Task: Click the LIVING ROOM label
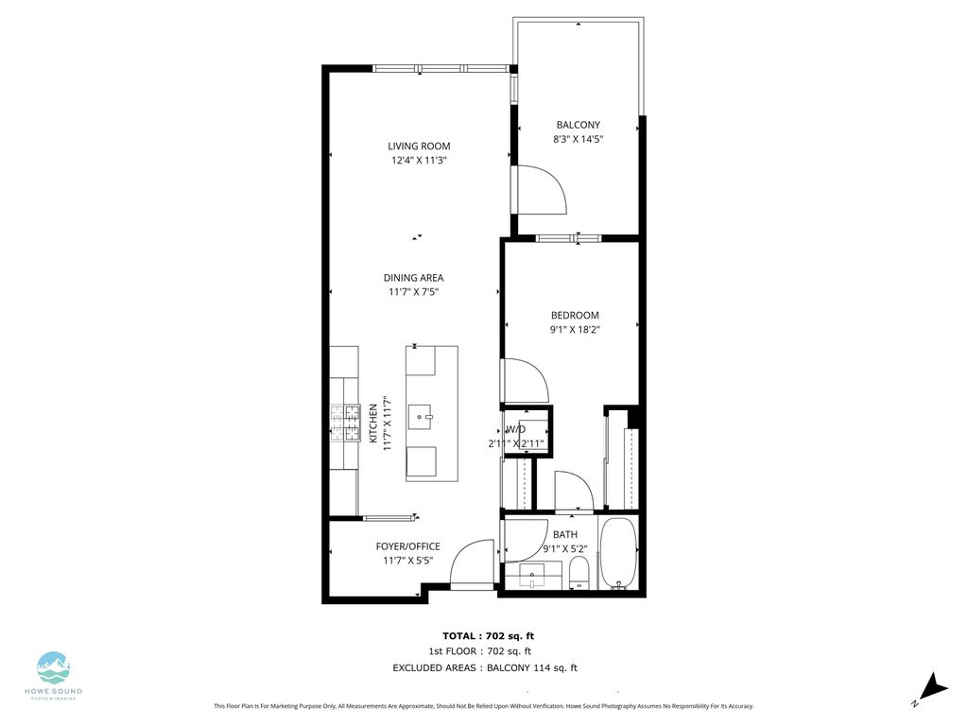click(419, 146)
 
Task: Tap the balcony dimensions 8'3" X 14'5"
click(578, 139)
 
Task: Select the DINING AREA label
click(413, 277)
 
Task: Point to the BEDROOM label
click(575, 315)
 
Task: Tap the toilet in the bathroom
click(579, 572)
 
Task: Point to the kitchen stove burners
click(345, 423)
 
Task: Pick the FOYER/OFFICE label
click(407, 546)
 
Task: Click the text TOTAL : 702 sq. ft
click(481, 635)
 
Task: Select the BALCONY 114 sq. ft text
click(531, 667)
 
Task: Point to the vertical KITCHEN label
click(373, 423)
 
